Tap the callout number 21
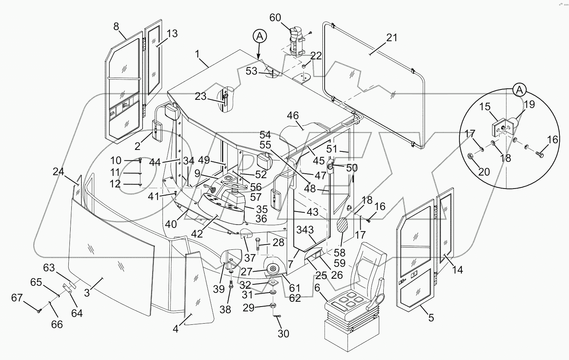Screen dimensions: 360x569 [391, 37]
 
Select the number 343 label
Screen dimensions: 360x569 [305, 230]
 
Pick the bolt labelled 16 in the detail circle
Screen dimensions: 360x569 [538, 154]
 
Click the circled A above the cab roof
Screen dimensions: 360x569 [260, 36]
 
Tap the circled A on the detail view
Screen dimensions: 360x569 [519, 89]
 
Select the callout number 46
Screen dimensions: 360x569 [293, 115]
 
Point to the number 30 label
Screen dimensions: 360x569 [283, 334]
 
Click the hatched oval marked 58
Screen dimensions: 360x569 [342, 225]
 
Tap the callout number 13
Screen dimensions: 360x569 [172, 33]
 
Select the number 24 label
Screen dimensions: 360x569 [58, 171]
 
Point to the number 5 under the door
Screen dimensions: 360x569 [431, 318]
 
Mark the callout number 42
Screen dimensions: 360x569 [197, 234]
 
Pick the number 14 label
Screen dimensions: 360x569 [458, 270]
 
